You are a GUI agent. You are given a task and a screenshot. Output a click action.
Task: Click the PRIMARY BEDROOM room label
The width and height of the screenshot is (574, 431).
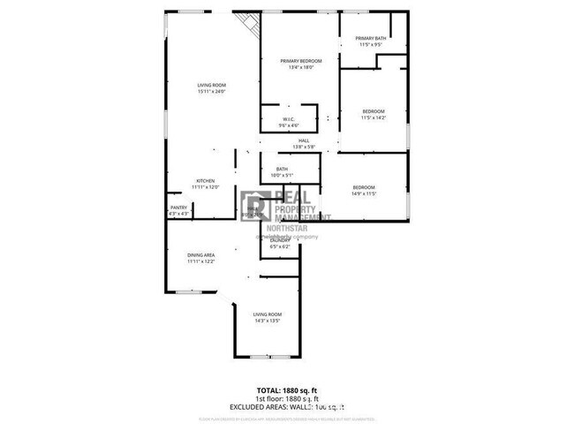300,60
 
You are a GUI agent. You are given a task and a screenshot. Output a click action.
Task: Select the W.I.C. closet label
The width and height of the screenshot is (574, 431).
288,119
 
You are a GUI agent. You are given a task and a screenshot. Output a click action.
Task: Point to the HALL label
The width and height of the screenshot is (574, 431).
303,140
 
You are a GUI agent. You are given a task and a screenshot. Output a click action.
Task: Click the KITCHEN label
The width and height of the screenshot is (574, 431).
205,181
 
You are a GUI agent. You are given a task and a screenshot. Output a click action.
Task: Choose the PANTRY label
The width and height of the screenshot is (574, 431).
178,208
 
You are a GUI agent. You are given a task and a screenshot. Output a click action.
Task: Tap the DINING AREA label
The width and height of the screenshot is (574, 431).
200,254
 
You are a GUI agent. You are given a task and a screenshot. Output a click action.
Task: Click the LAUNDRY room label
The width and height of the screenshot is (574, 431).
280,240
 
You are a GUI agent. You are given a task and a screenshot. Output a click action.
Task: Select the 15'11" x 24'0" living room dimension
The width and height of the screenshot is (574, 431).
212,91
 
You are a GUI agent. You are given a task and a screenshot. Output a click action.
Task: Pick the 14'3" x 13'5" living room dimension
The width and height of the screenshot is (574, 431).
267,321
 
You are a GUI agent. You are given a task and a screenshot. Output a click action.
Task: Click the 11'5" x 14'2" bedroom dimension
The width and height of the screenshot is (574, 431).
374,117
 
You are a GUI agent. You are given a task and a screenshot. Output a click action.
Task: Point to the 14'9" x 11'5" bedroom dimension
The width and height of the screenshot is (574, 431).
364,193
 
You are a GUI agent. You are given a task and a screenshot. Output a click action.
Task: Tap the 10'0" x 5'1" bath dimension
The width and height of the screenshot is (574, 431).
282,176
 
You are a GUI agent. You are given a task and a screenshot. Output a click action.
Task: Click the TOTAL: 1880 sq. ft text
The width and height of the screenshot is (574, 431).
286,389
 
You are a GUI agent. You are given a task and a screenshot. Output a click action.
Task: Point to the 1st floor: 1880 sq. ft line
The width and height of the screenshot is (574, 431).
286,397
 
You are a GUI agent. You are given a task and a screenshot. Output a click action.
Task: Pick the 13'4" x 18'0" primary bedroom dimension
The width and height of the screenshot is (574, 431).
300,68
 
